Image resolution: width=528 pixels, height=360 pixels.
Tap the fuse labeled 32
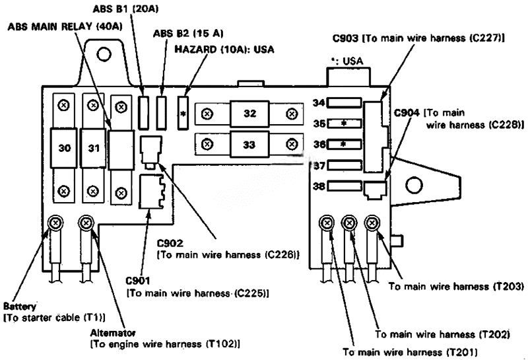tap(249, 114)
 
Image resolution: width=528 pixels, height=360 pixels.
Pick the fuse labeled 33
tap(249, 143)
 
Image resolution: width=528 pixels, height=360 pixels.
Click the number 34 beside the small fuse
tap(319, 103)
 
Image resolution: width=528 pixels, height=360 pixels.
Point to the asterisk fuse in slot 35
tap(343, 124)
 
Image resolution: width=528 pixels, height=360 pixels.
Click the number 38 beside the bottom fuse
tap(319, 187)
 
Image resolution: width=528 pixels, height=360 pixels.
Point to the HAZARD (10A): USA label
tap(224, 49)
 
